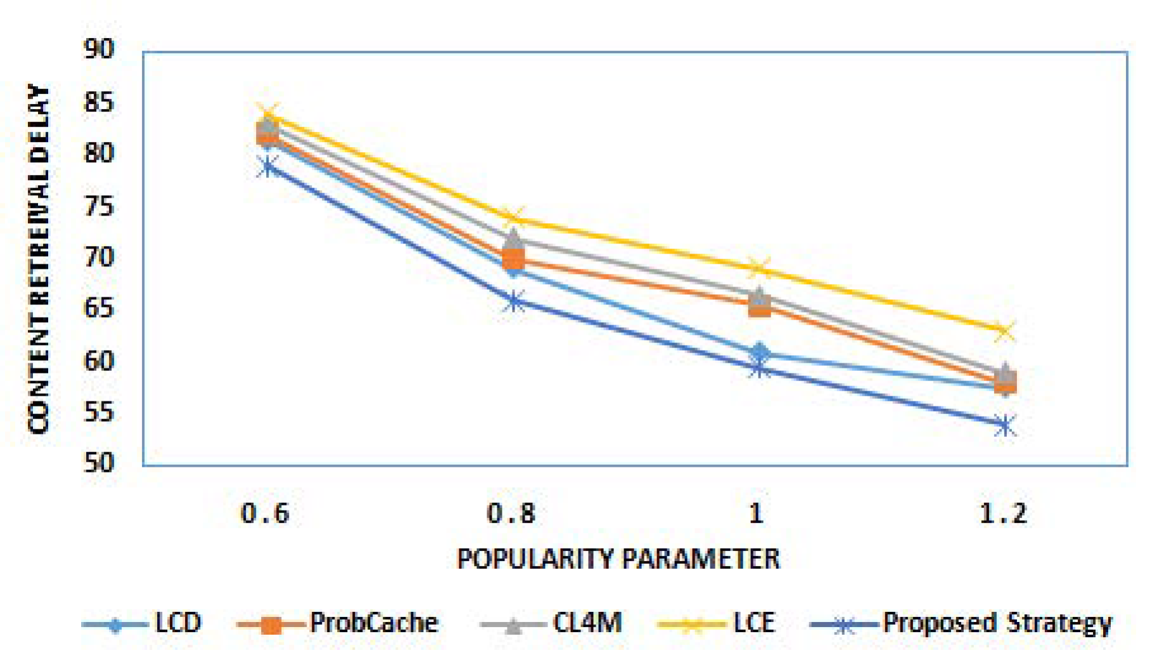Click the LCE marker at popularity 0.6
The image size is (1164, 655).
click(x=268, y=114)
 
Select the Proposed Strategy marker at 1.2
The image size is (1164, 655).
click(x=1004, y=425)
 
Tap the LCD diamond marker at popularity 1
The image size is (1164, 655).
click(x=760, y=353)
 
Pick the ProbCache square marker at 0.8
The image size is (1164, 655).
click(x=513, y=259)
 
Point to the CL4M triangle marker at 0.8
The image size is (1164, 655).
click(x=513, y=240)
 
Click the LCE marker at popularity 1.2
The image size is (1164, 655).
click(x=1004, y=330)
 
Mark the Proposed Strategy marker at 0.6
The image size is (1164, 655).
click(x=268, y=167)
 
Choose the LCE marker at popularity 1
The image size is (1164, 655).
click(x=759, y=268)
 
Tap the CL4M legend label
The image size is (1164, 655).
click(x=587, y=623)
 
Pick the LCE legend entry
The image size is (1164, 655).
click(x=753, y=623)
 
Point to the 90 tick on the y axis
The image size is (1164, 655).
click(x=99, y=49)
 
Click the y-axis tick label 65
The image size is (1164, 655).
click(x=99, y=308)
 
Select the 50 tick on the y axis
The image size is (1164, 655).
click(x=99, y=464)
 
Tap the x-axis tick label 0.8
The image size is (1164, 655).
click(x=511, y=513)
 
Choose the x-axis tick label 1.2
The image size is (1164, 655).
click(x=1003, y=513)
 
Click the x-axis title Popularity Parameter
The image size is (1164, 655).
click(x=618, y=559)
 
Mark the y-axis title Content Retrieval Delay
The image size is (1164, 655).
click(x=39, y=259)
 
